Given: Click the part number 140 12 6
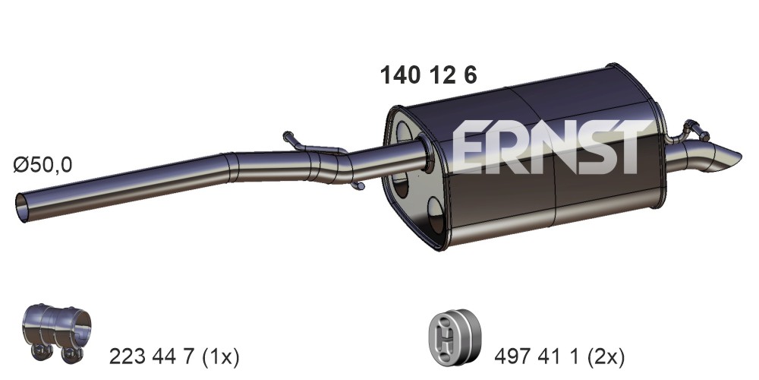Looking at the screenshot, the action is tap(428, 75).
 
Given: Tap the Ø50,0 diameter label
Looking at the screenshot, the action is tap(43, 165).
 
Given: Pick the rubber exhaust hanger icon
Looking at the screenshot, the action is tap(455, 335).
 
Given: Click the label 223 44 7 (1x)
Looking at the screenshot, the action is tap(175, 357).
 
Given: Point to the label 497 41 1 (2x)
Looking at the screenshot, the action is tap(559, 357).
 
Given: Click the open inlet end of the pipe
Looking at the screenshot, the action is tap(22, 208).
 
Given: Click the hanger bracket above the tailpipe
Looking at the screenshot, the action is tap(692, 130).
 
